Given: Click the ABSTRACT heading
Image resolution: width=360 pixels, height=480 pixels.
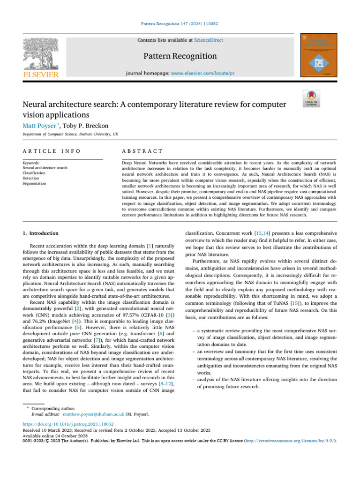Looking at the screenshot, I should point(142,151).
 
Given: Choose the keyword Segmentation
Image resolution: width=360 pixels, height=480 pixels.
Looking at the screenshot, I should point(34,184).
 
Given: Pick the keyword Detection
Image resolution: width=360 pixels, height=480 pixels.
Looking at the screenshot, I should point(31,178).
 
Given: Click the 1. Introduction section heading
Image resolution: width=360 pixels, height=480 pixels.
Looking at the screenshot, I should point(41,233).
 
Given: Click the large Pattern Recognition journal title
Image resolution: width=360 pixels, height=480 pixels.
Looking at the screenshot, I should point(180,56).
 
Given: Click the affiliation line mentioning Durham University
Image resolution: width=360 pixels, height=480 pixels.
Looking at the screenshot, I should point(70,134).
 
